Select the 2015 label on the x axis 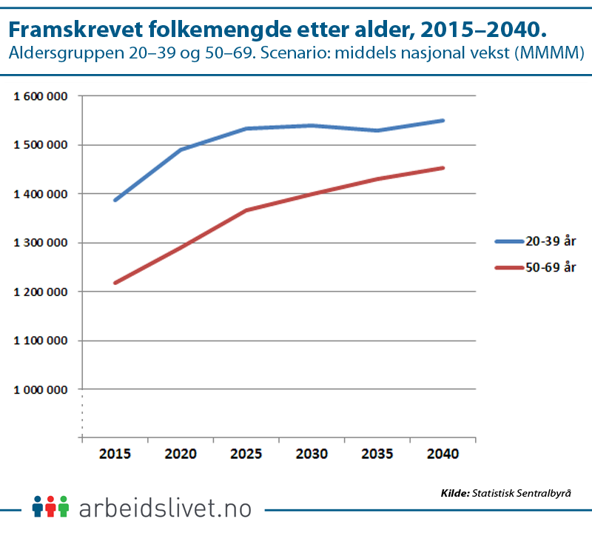tap(115, 454)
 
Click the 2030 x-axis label tap(312, 454)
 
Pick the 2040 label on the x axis tap(443, 454)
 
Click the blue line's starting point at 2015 tap(115, 201)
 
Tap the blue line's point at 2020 tap(181, 150)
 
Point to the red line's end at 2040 tap(443, 168)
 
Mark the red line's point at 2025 tap(246, 210)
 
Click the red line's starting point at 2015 tap(115, 283)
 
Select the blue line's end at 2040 tap(443, 120)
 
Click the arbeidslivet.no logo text tap(164, 509)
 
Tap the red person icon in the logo tap(50, 506)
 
